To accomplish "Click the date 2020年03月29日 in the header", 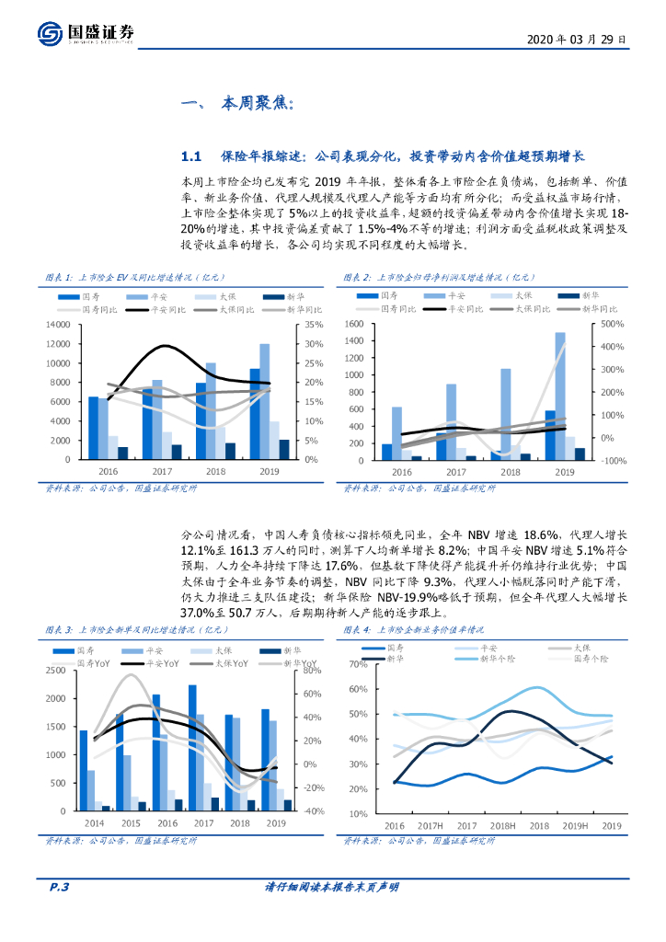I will (578, 40).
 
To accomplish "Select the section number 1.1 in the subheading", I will (190, 156).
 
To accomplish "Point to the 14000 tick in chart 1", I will (60, 325).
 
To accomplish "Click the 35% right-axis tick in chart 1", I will (314, 325).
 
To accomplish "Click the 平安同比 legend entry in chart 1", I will (166, 310).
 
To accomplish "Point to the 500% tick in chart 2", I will (613, 325).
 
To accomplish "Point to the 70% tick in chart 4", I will (358, 664).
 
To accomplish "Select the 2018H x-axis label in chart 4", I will (502, 825).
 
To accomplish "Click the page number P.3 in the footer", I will (60, 887).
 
